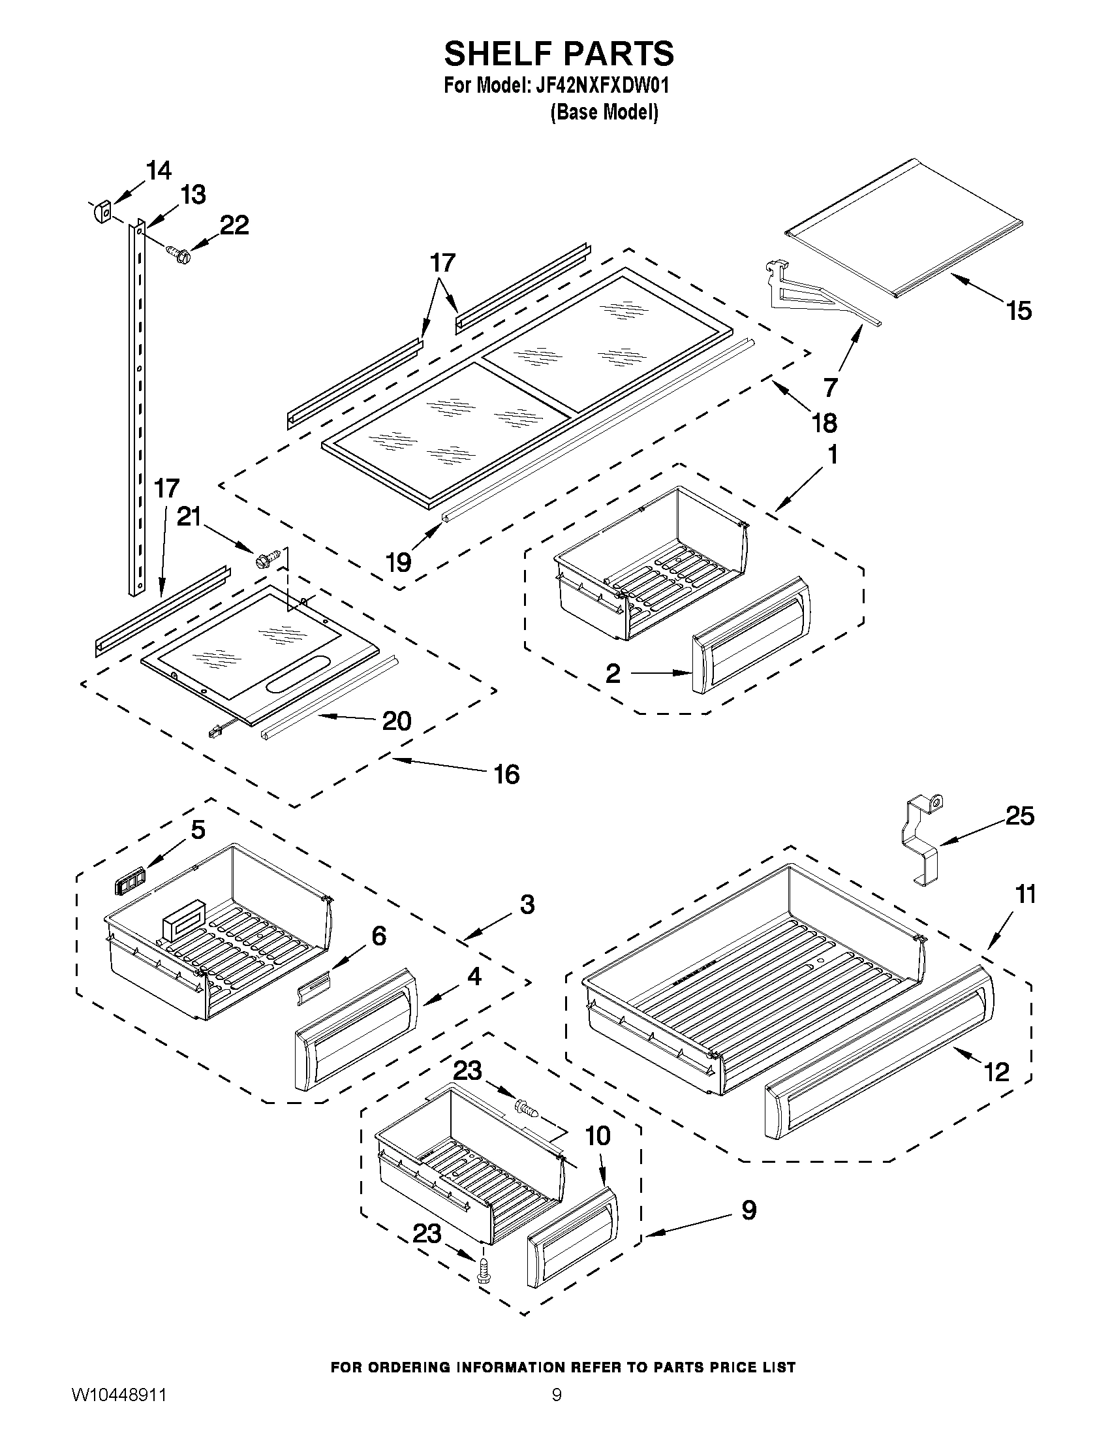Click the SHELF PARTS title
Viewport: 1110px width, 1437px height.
point(559,54)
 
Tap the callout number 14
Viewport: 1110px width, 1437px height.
point(159,170)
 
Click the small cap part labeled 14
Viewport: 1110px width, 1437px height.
point(100,212)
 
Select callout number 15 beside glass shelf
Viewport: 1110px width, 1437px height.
point(1019,311)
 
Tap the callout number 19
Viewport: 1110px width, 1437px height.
point(399,562)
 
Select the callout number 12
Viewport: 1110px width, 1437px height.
point(997,1072)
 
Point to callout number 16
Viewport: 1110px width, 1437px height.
point(506,774)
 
